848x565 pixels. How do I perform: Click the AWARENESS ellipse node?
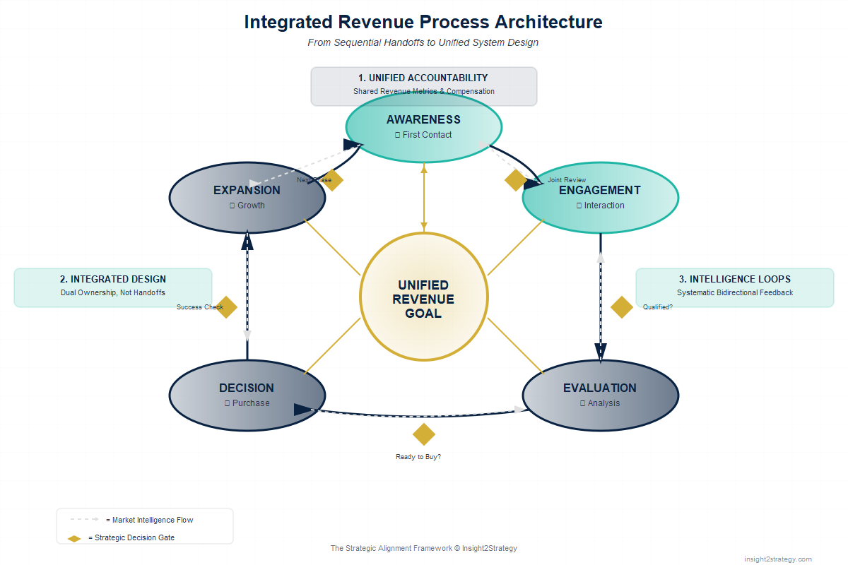[423, 127]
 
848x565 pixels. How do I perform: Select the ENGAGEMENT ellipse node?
[600, 198]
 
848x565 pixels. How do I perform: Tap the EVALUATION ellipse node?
[600, 395]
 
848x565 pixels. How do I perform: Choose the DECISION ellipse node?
[247, 395]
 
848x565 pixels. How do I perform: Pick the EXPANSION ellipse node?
[247, 198]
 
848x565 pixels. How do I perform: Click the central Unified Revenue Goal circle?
[423, 297]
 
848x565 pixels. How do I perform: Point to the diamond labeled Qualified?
[621, 307]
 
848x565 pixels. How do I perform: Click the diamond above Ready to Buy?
[423, 434]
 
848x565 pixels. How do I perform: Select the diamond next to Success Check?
[226, 307]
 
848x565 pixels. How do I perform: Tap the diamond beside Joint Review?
[516, 180]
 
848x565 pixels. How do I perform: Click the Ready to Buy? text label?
[418, 457]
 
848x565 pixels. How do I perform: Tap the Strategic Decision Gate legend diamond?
[74, 538]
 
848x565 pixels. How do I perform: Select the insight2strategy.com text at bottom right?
[777, 559]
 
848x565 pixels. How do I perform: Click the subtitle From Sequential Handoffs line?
[423, 42]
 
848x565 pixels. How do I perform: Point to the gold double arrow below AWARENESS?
[423, 198]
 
